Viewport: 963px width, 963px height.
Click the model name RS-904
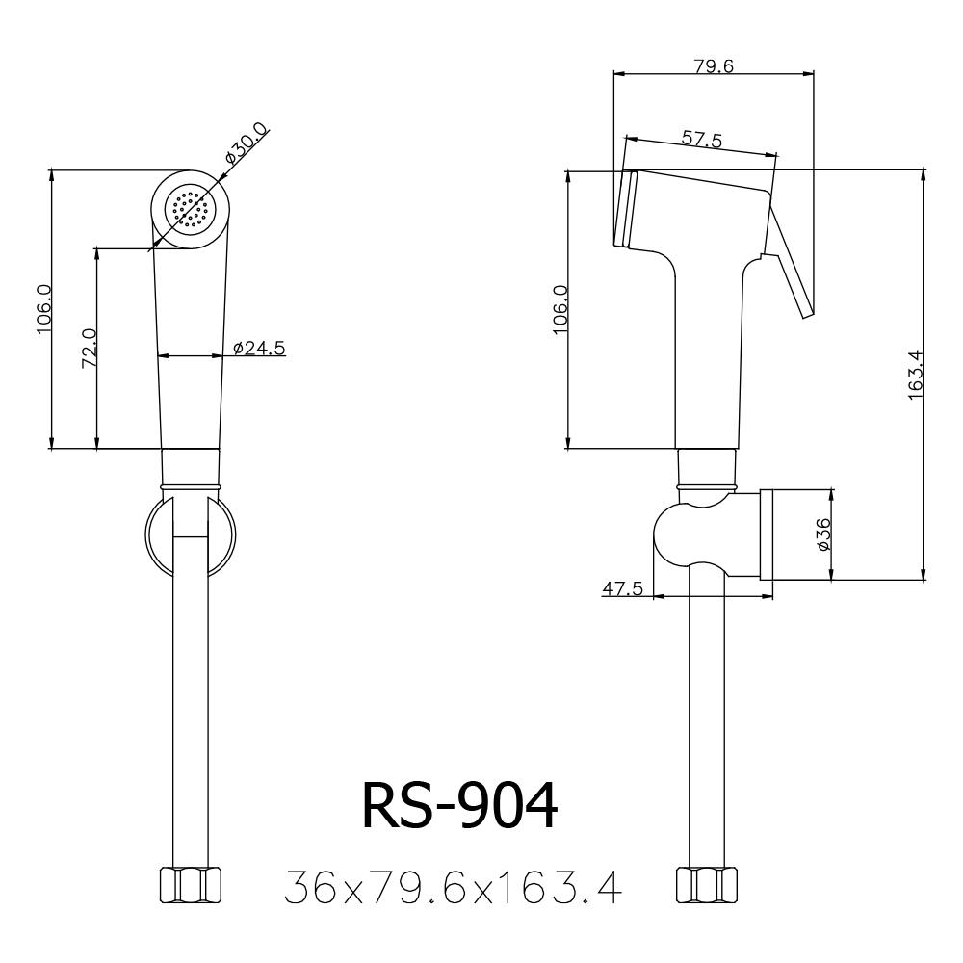pyautogui.click(x=459, y=805)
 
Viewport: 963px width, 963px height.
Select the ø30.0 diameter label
pyautogui.click(x=247, y=143)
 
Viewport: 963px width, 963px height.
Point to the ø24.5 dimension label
pyautogui.click(x=259, y=348)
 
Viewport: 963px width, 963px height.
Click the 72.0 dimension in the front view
pyautogui.click(x=89, y=348)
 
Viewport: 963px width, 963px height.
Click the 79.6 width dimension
pyautogui.click(x=715, y=65)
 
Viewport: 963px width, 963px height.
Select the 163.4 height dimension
pyautogui.click(x=916, y=376)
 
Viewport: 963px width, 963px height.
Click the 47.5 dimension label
pyautogui.click(x=623, y=588)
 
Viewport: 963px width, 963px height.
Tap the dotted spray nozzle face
pyautogui.click(x=191, y=209)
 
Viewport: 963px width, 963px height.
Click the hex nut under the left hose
pyautogui.click(x=190, y=885)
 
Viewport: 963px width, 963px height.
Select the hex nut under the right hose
pyautogui.click(x=707, y=885)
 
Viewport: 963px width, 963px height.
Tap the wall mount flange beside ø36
pyautogui.click(x=766, y=534)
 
